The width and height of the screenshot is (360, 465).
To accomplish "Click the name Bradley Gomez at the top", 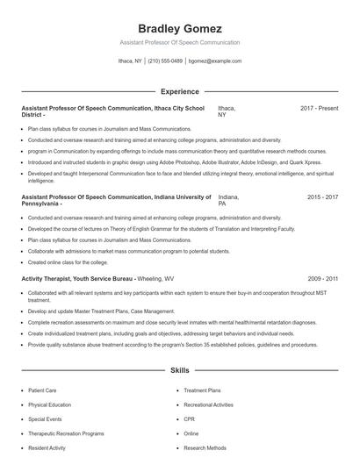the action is pyautogui.click(x=179, y=28).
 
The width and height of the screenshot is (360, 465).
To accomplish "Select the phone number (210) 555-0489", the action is pyautogui.click(x=165, y=61).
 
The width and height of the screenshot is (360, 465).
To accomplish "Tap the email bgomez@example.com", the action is pyautogui.click(x=215, y=61).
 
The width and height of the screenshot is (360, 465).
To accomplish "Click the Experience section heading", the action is pyautogui.click(x=179, y=91).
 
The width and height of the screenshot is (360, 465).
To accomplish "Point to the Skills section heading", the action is pyautogui.click(x=179, y=370).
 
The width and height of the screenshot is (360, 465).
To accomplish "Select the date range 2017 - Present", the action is pyautogui.click(x=319, y=108).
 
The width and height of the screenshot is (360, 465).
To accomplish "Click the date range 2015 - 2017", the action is pyautogui.click(x=322, y=198).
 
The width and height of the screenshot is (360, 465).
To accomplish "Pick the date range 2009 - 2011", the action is pyautogui.click(x=322, y=278).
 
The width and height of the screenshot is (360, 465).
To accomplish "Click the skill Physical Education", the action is pyautogui.click(x=51, y=405).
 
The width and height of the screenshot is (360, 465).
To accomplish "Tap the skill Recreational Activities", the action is pyautogui.click(x=209, y=405).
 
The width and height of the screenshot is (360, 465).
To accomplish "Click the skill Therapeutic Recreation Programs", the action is pyautogui.click(x=66, y=433).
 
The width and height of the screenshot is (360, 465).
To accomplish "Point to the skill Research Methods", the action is pyautogui.click(x=205, y=447).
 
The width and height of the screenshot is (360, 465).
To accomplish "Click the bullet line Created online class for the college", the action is pyautogui.click(x=69, y=261).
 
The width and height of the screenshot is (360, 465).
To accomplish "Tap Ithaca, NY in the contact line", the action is pyautogui.click(x=130, y=61).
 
